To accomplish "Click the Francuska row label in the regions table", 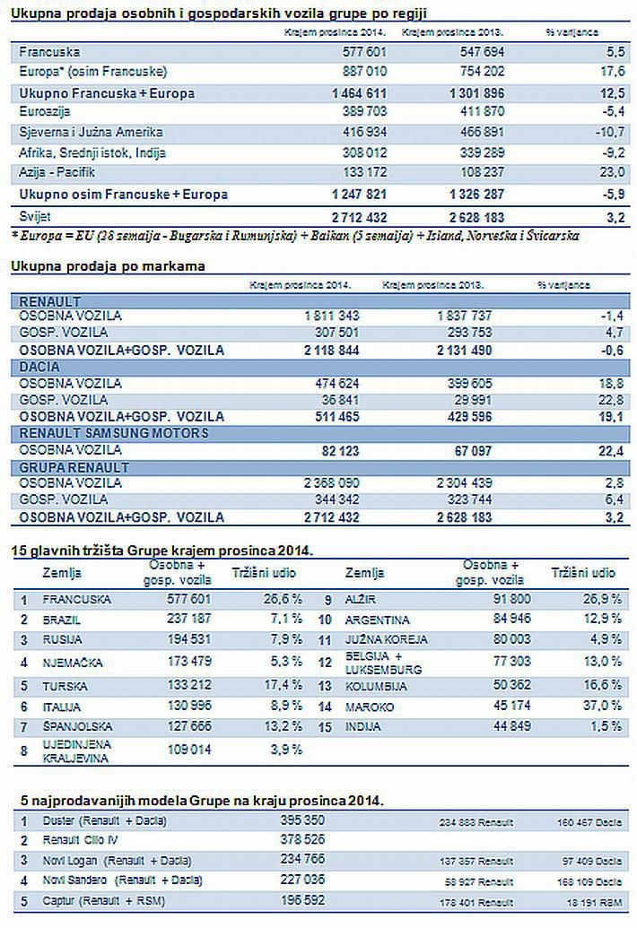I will (49, 53).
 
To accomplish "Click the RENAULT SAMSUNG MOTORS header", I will (113, 433).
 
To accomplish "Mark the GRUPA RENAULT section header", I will (74, 467).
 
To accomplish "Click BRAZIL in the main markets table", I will (63, 620).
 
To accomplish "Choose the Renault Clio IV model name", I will (81, 840).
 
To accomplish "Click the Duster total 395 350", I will (302, 820).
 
